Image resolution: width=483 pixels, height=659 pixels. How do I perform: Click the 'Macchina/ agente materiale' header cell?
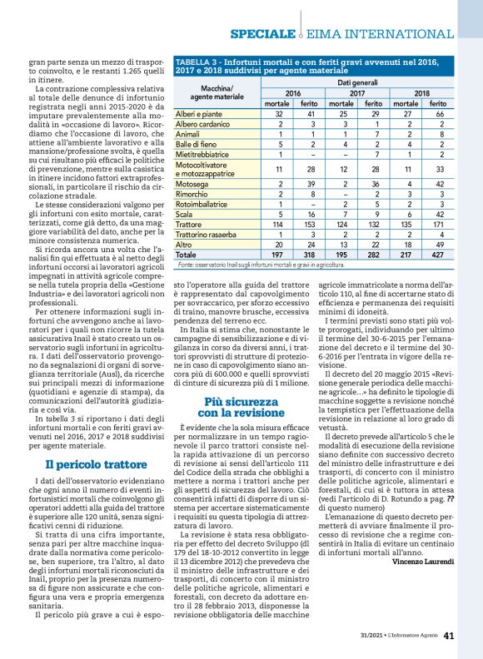pyautogui.click(x=212, y=93)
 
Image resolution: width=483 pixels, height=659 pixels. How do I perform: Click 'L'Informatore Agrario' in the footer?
pyautogui.click(x=407, y=637)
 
